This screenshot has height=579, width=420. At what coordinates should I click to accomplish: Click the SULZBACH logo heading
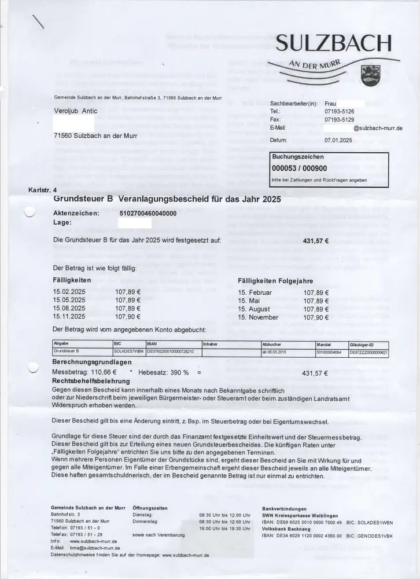334,43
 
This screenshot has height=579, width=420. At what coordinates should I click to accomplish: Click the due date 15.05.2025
69,300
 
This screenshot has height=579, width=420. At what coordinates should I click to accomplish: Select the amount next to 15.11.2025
128,316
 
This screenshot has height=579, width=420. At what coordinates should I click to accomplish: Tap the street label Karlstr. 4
42,190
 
